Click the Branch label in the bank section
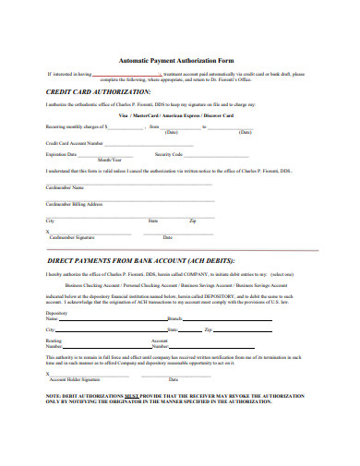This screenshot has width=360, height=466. (173, 317)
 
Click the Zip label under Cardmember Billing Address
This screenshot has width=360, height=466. (193, 221)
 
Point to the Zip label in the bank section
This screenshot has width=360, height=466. (209, 329)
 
